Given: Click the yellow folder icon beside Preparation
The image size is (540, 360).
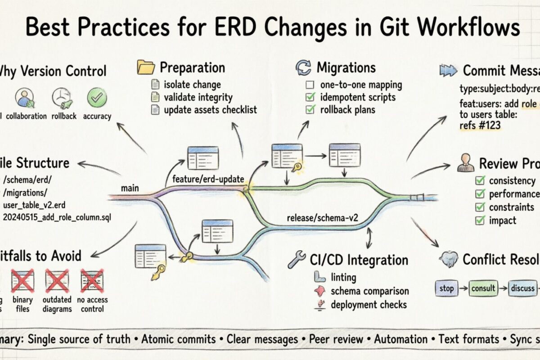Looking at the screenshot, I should pyautogui.click(x=145, y=68).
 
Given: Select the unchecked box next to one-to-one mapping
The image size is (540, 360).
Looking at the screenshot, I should pyautogui.click(x=310, y=85).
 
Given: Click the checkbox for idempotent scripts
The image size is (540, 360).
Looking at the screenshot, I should pyautogui.click(x=310, y=97).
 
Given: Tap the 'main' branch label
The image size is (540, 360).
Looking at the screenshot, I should pyautogui.click(x=130, y=189).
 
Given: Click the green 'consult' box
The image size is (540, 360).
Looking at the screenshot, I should pyautogui.click(x=483, y=288).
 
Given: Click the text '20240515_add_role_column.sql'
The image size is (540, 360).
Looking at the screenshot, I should pyautogui.click(x=57, y=217).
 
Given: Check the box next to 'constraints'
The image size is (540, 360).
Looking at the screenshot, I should pyautogui.click(x=480, y=207).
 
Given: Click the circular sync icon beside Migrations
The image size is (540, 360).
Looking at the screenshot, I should pyautogui.click(x=303, y=68).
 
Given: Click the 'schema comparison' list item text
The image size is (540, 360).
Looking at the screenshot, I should pyautogui.click(x=363, y=291).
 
